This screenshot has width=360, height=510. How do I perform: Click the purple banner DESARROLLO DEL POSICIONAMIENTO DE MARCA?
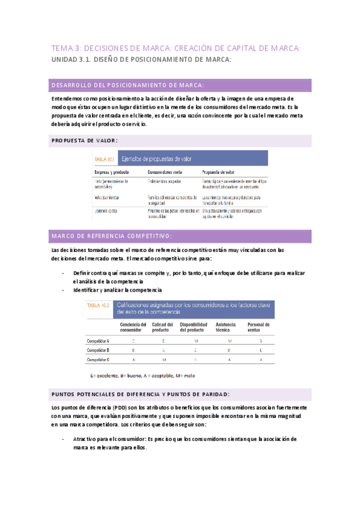coord(128,85)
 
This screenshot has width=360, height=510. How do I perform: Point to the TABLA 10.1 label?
coord(105,159)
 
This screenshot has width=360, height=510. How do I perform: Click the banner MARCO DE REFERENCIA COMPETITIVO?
coord(112,235)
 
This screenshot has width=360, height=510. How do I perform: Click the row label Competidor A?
coord(98,340)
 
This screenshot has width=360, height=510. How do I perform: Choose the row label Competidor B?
coord(98,350)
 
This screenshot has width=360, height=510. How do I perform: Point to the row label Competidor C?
coord(98,360)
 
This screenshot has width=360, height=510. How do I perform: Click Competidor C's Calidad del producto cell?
coord(163,360)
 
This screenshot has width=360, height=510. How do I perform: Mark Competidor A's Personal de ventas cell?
coord(260,340)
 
